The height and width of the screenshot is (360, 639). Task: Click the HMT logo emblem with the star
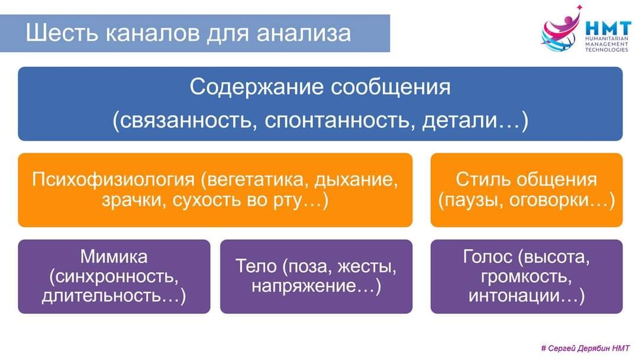pyautogui.click(x=561, y=30)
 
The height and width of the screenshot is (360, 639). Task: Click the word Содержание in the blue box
pyautogui.click(x=257, y=88)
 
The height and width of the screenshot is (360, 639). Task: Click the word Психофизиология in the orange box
pyautogui.click(x=113, y=179)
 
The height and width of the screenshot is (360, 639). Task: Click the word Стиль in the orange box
pyautogui.click(x=483, y=179)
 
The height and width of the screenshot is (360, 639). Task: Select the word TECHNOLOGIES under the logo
pyautogui.click(x=606, y=50)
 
